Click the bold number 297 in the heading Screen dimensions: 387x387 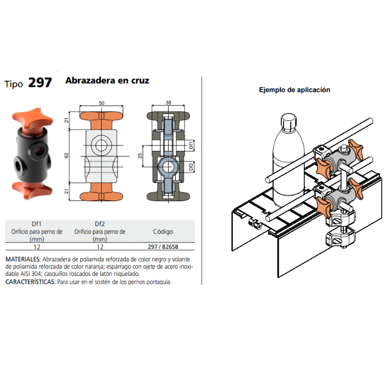[x=40, y=83]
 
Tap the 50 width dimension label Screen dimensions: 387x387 [x=101, y=103]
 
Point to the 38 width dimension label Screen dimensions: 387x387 [x=168, y=102]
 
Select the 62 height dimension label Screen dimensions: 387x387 [x=66, y=156]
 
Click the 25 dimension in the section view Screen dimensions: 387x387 [x=140, y=156]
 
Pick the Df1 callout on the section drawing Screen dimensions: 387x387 [x=191, y=145]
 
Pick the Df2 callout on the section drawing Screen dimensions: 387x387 [x=191, y=167]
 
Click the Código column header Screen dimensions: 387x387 [x=163, y=232]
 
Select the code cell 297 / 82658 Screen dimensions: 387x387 [x=163, y=247]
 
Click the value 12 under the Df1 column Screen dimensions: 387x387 [x=37, y=247]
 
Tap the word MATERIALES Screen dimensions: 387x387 [x=23, y=259]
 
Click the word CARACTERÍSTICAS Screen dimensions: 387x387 [x=30, y=282]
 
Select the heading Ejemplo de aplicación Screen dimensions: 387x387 [x=295, y=90]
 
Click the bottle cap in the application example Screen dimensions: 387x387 [x=289, y=123]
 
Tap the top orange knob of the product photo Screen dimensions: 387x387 [x=33, y=118]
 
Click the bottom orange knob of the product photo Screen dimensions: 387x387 [x=32, y=190]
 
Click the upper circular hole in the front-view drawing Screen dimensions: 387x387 [x=101, y=145]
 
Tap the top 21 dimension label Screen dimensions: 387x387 [x=66, y=120]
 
